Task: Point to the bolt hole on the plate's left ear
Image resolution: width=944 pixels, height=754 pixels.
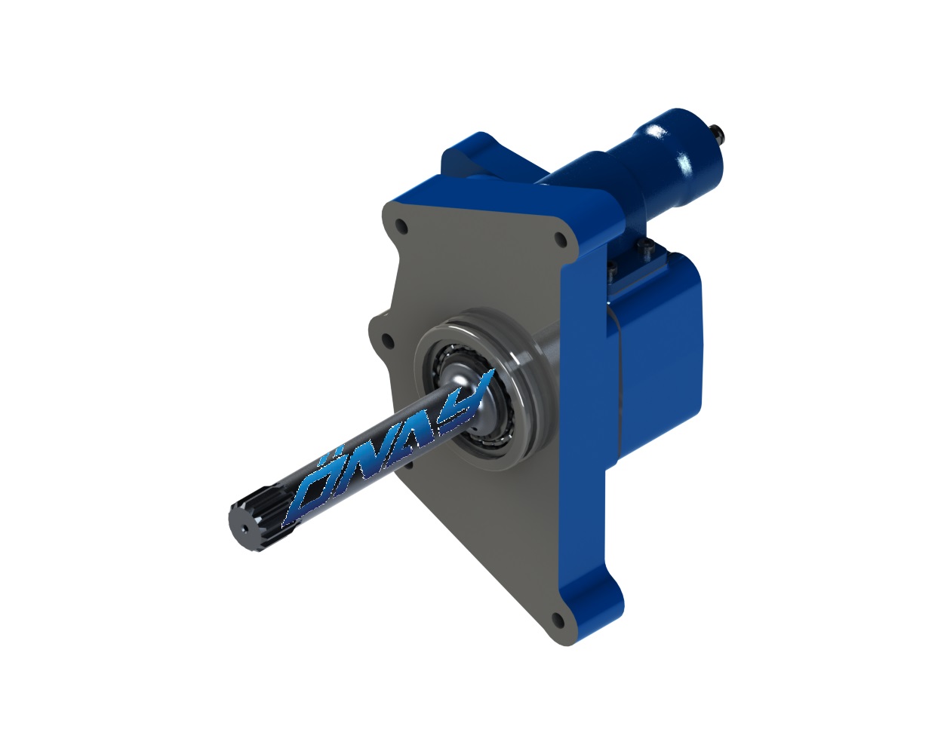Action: pyautogui.click(x=387, y=340)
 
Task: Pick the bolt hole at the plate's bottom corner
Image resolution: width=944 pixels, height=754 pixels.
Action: pyautogui.click(x=557, y=621)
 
